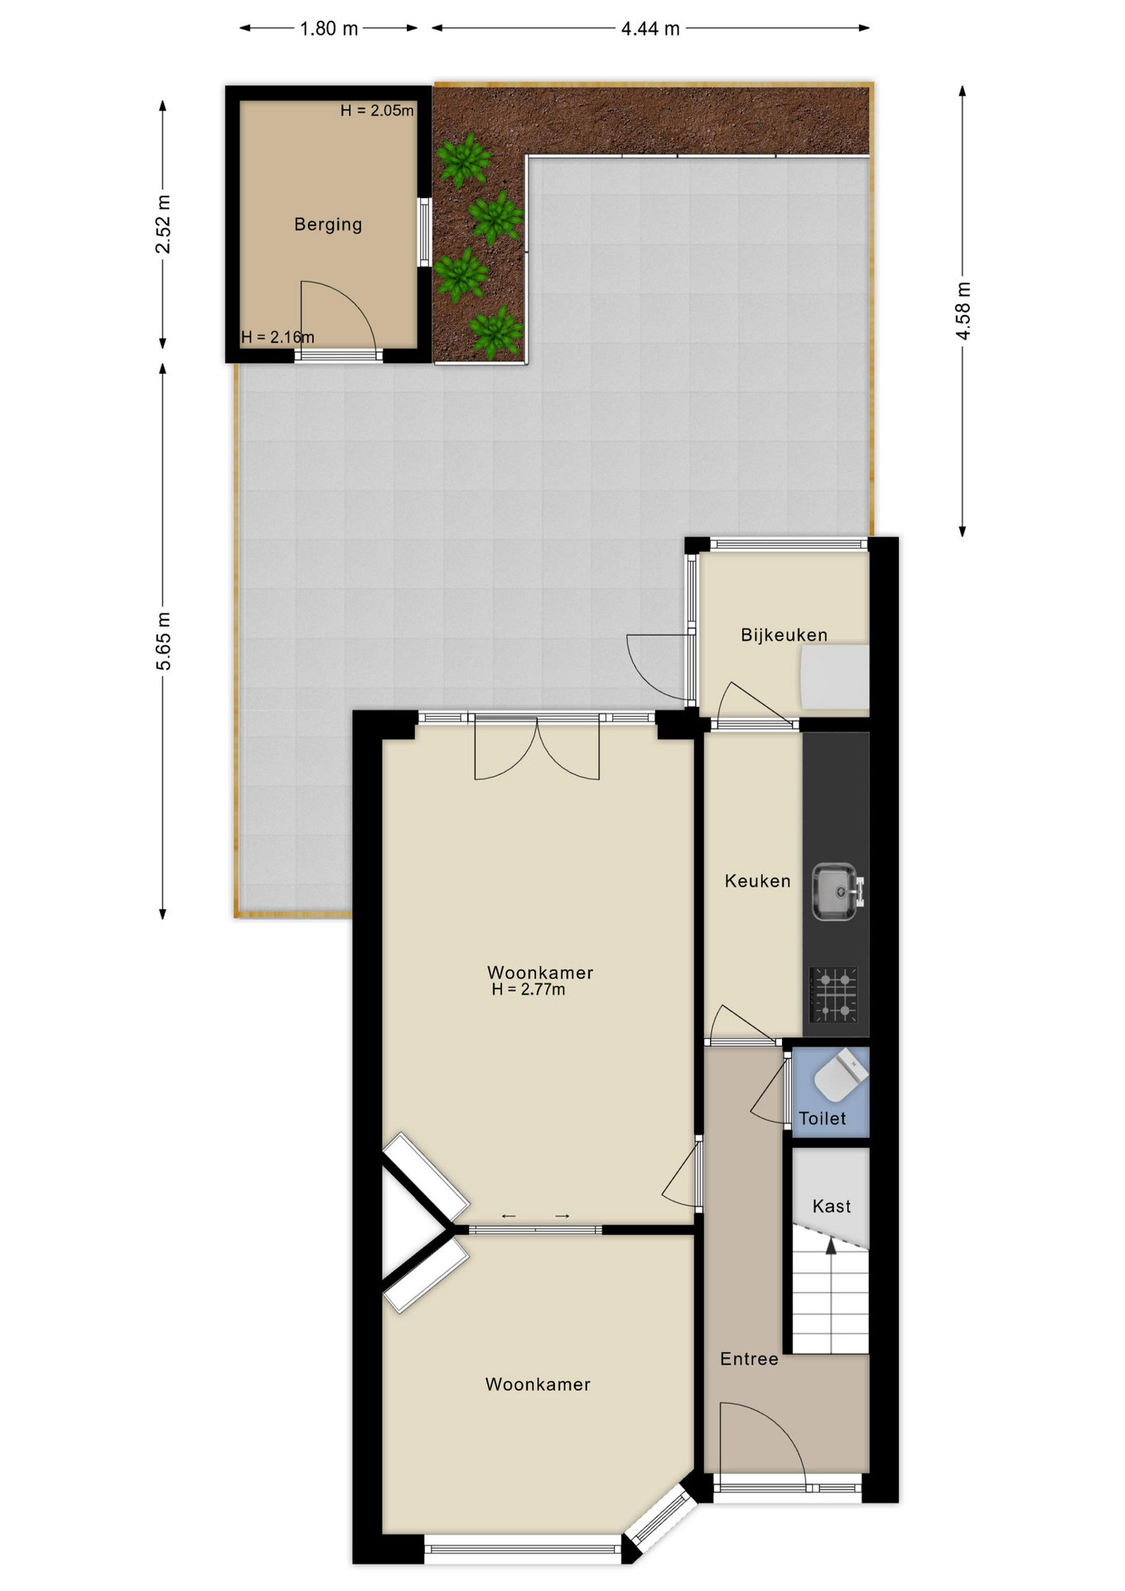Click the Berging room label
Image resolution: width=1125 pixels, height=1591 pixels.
point(328,225)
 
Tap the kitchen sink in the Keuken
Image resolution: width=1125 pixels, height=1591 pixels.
point(835,892)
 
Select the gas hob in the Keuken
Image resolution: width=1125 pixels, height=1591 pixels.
point(834,994)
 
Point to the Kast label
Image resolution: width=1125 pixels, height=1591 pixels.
point(831,1207)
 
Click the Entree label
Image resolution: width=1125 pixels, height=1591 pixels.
point(749,1359)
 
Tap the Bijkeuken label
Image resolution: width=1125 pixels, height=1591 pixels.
point(784,636)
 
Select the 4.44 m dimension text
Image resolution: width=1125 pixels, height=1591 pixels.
point(650,29)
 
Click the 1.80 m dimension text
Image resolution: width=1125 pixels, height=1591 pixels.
point(329,29)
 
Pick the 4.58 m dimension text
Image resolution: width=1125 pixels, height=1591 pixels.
point(963,311)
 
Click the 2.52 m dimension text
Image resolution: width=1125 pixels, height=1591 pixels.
point(163,225)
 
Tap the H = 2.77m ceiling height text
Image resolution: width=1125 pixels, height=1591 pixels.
point(529,989)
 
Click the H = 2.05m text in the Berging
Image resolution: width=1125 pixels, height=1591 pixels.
point(377,111)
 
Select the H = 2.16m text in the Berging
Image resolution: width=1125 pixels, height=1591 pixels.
point(278,337)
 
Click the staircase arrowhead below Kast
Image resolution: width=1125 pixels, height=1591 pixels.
point(831,1247)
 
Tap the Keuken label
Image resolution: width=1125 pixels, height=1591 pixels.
point(757,881)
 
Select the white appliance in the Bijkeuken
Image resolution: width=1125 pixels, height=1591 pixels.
point(835,677)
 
